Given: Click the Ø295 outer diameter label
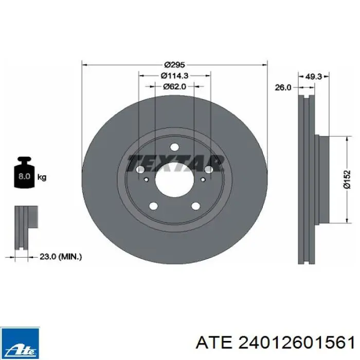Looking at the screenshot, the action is click(x=174, y=65).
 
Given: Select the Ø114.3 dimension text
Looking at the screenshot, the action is click(x=174, y=76).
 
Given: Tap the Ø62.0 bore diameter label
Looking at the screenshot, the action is click(x=174, y=86).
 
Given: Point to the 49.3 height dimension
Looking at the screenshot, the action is click(x=313, y=77).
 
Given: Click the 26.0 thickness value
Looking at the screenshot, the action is click(x=283, y=87).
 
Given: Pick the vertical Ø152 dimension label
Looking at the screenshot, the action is click(x=347, y=179).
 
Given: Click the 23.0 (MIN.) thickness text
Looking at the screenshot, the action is click(x=61, y=257).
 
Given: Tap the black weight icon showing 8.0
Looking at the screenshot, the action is click(x=24, y=172).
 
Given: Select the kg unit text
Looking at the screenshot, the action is click(x=42, y=177).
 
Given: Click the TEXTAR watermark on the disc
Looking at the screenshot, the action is click(x=176, y=163).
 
